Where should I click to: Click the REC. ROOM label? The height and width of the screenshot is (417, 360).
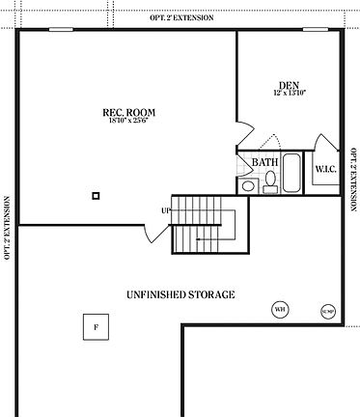pyautogui.click(x=129, y=112)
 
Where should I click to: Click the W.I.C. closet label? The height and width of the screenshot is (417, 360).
pyautogui.click(x=324, y=170)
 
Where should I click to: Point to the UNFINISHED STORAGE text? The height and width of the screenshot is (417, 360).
pyautogui.click(x=180, y=294)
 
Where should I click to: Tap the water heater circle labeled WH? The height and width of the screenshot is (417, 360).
pyautogui.click(x=280, y=309)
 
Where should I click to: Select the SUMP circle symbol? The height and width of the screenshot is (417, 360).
pyautogui.click(x=328, y=311)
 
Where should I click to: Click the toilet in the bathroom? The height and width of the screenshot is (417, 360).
pyautogui.click(x=247, y=184)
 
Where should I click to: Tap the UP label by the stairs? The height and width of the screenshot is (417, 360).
pyautogui.click(x=166, y=210)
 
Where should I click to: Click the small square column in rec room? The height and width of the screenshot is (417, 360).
pyautogui.click(x=96, y=196)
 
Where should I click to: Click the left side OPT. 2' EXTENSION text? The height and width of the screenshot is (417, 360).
pyautogui.click(x=7, y=229)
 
